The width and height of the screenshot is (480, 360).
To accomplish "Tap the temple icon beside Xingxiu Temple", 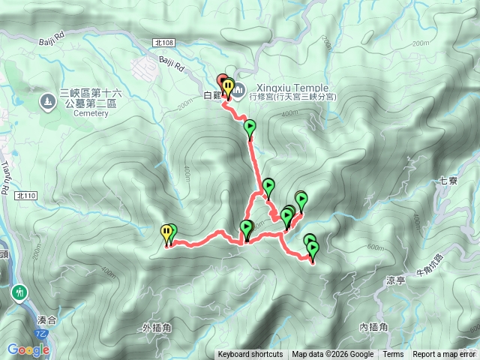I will coord(238,91).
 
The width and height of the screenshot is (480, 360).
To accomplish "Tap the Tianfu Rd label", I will coord(7,180).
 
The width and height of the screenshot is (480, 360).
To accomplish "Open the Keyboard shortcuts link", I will coord(250,355).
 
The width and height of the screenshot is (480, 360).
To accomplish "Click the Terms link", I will coord(393,355).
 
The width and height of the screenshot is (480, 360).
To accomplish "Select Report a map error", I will coord(445,355).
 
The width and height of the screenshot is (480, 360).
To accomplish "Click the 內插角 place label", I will coord(373,327).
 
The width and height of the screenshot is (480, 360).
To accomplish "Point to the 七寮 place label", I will coord(448,181).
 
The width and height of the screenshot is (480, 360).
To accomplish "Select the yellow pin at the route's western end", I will coord(166,233).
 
